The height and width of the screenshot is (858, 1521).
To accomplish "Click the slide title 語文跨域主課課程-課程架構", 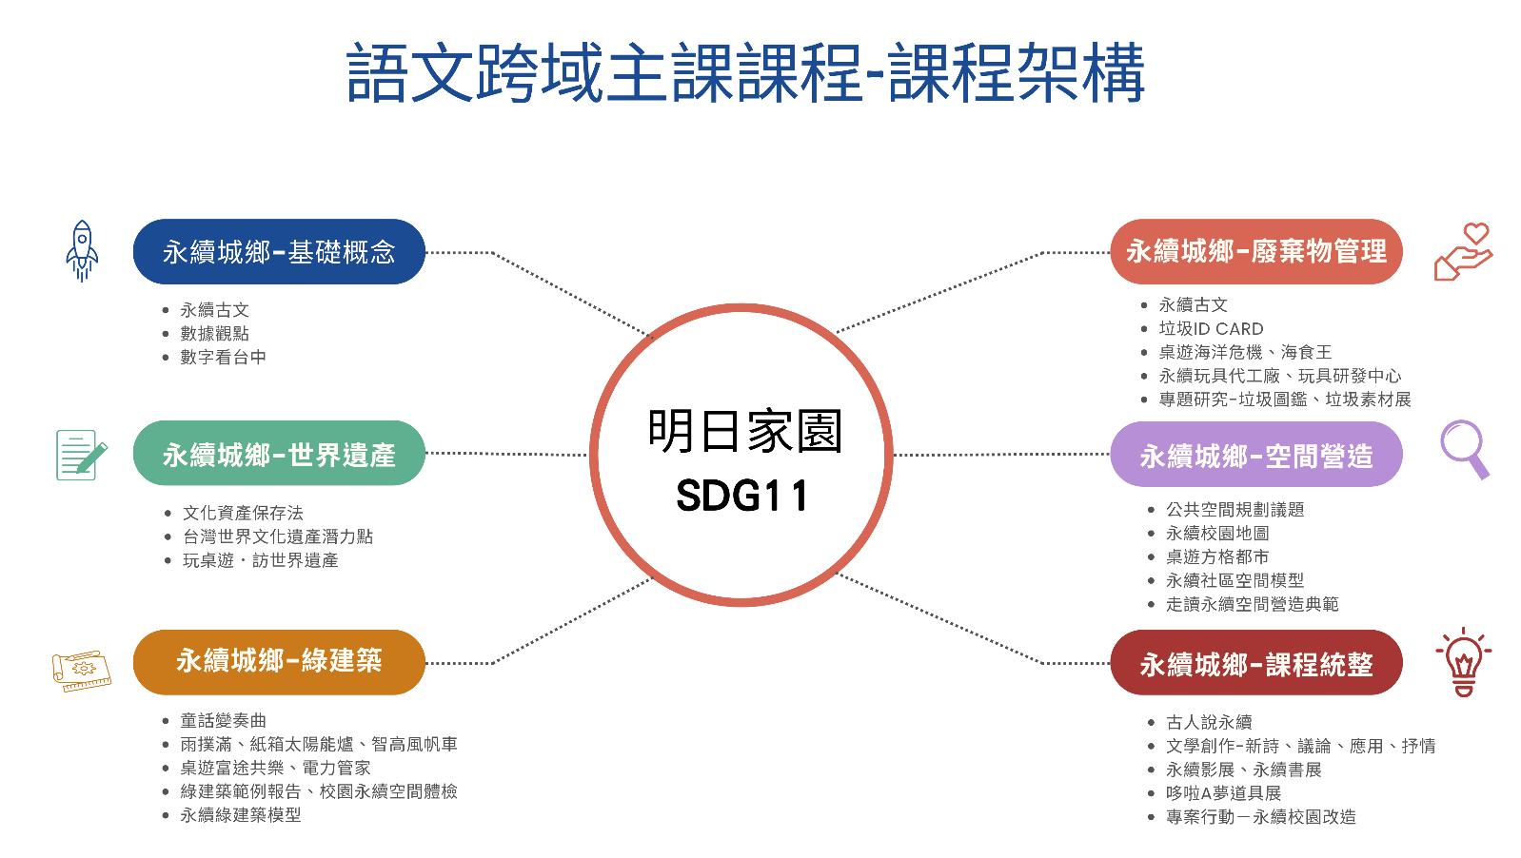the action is (745, 72).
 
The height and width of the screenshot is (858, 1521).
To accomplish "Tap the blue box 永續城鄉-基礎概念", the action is (278, 252).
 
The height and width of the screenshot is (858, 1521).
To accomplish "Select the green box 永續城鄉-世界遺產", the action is (278, 455).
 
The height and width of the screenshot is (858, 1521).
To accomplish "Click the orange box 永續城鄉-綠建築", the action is (278, 661).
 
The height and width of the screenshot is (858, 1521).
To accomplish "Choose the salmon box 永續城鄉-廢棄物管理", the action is (1255, 252).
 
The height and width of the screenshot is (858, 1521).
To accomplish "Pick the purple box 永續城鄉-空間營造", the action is (1255, 456).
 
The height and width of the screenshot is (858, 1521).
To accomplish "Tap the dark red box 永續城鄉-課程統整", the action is (1255, 663).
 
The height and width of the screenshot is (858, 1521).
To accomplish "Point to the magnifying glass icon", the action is (1464, 449).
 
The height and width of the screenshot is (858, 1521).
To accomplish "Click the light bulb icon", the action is (1463, 661).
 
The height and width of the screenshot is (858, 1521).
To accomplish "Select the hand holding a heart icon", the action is (1463, 251).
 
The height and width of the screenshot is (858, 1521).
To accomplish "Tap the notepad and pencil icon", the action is (81, 455).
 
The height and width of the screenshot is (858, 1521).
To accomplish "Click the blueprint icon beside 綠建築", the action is (81, 670).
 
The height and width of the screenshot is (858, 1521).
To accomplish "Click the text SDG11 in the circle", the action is (742, 496).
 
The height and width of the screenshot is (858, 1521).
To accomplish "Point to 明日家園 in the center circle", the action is (744, 432).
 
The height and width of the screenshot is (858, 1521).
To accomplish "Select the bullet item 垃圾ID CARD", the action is (1211, 328).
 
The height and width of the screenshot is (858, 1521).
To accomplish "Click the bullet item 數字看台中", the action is (223, 357).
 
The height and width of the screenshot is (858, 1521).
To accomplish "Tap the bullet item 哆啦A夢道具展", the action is (1223, 792).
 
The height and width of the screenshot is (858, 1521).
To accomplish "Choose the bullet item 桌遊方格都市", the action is (1216, 556).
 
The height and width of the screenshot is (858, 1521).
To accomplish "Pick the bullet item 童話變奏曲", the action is (223, 720).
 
